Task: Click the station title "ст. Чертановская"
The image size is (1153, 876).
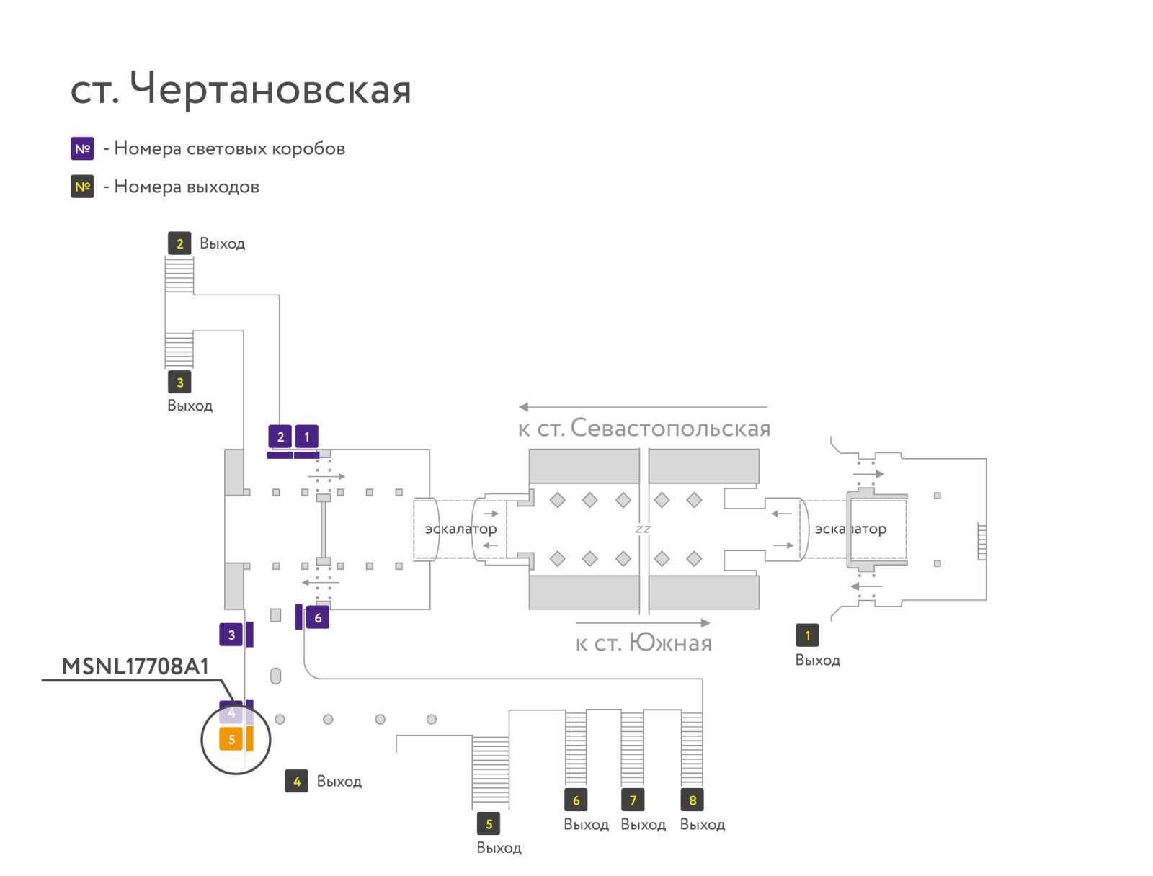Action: pyautogui.click(x=240, y=89)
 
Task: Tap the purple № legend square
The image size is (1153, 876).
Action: pyautogui.click(x=82, y=148)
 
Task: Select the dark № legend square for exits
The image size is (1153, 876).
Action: pyautogui.click(x=82, y=187)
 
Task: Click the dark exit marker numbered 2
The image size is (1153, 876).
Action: pyautogui.click(x=179, y=243)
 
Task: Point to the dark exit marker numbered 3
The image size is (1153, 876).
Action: pyautogui.click(x=179, y=383)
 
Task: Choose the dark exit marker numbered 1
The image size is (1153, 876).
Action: pyautogui.click(x=807, y=635)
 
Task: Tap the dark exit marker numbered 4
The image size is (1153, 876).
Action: pyautogui.click(x=297, y=782)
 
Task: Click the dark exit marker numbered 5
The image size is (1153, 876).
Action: pyautogui.click(x=489, y=824)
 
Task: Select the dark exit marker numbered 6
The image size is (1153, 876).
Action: pyautogui.click(x=576, y=800)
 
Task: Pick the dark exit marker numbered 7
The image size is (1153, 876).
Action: pyautogui.click(x=633, y=800)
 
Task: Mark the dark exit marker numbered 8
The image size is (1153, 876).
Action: pyautogui.click(x=693, y=800)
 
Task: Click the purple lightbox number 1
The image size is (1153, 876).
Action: pyautogui.click(x=307, y=437)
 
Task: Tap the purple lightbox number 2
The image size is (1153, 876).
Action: pyautogui.click(x=280, y=437)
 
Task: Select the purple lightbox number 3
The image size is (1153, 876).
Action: pyautogui.click(x=231, y=635)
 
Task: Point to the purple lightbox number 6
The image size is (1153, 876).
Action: pyautogui.click(x=318, y=618)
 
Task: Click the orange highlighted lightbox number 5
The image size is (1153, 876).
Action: pyautogui.click(x=231, y=740)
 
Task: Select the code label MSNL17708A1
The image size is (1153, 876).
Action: pyautogui.click(x=135, y=666)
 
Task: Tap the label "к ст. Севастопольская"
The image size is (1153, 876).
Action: pyautogui.click(x=644, y=429)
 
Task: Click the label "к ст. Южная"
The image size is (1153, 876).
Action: pyautogui.click(x=644, y=643)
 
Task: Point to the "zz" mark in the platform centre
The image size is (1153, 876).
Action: pyautogui.click(x=643, y=529)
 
